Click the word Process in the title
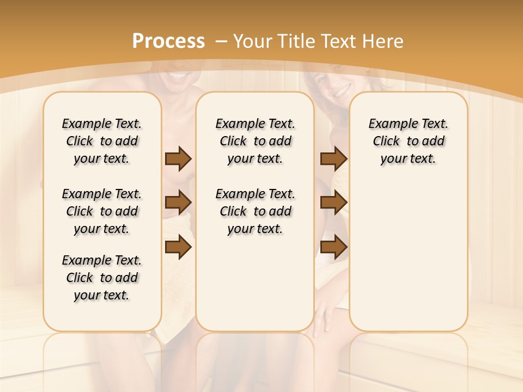tap(168, 41)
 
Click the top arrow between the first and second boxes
tap(178, 158)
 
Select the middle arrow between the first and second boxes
tap(178, 203)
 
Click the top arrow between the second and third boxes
tap(333, 158)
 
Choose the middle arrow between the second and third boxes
tap(333, 203)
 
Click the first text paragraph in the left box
tap(102, 141)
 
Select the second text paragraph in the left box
tap(102, 211)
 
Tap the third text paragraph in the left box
tap(102, 278)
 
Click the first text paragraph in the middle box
tap(255, 141)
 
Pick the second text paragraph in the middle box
tap(255, 211)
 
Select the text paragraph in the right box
tap(408, 141)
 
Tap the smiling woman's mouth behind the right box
tap(342, 91)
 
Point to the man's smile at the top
tap(178, 77)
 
